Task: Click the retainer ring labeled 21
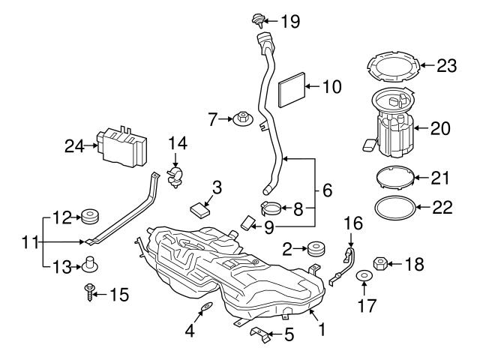pos(394,179)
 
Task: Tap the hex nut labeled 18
pos(379,264)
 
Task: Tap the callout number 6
pos(326,191)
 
